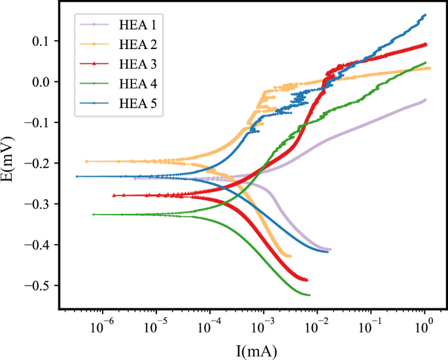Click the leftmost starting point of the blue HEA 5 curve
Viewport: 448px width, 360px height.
tap(77, 176)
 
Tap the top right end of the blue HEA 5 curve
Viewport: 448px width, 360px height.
tap(425, 14)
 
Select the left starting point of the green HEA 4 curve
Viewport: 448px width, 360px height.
tap(94, 214)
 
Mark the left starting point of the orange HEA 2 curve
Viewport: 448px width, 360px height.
tap(86, 161)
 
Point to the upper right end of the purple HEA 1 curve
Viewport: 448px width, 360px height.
tap(425, 99)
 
